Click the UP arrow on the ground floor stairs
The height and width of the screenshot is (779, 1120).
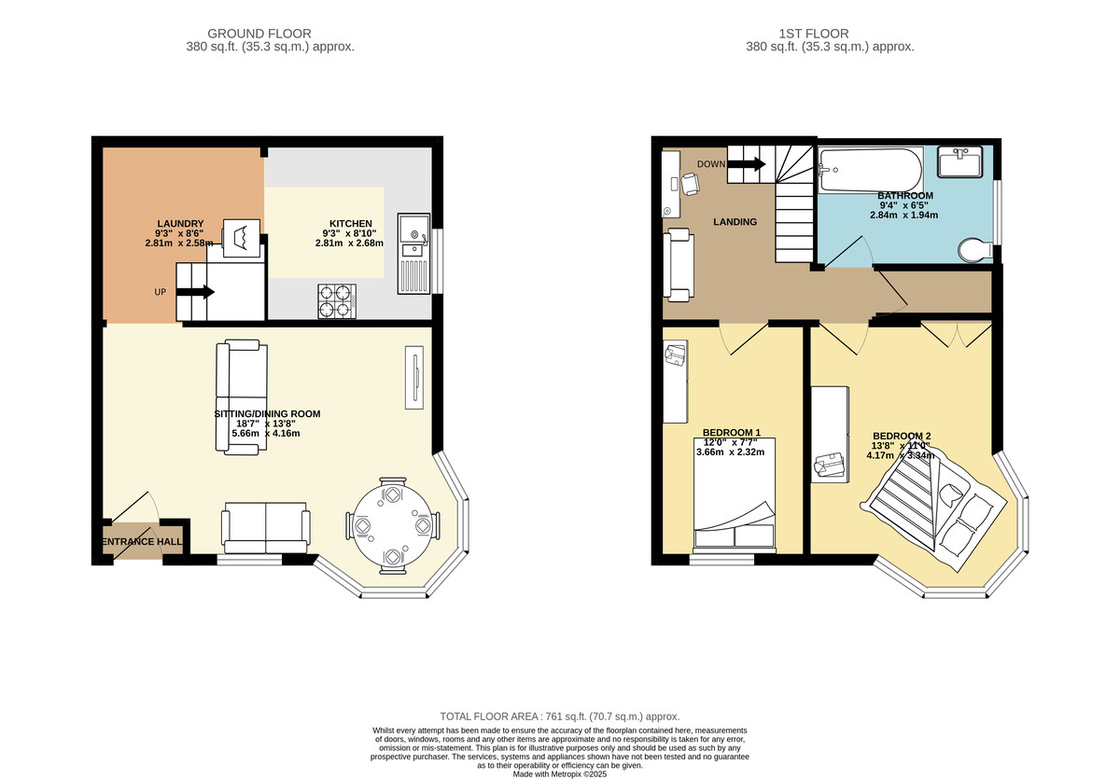tap(195, 292)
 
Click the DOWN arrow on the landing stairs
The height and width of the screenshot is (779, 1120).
tap(746, 163)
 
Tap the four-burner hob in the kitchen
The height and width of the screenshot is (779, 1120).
tap(337, 301)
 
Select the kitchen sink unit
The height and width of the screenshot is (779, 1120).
tap(413, 254)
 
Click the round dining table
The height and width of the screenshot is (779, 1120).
tap(393, 525)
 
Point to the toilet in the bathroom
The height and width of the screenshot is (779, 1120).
tap(975, 250)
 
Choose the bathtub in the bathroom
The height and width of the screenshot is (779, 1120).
tap(871, 170)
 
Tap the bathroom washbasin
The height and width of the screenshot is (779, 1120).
tap(960, 161)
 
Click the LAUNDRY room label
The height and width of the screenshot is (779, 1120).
tap(180, 224)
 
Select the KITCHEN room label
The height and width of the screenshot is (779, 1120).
tap(351, 224)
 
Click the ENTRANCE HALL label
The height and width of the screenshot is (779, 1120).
tap(142, 542)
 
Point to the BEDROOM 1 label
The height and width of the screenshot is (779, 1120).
tap(732, 432)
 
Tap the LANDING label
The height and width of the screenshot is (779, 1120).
tap(735, 222)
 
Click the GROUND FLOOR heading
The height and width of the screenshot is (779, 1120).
tap(259, 34)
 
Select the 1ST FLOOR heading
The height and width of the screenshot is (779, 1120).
tap(814, 34)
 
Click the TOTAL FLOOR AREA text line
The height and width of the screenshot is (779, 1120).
tap(559, 716)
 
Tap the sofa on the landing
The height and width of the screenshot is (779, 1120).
tap(679, 265)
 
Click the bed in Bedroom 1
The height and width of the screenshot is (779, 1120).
tap(735, 494)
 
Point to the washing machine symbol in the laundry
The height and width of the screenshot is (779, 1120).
tap(241, 238)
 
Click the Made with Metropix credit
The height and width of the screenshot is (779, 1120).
tap(559, 774)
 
